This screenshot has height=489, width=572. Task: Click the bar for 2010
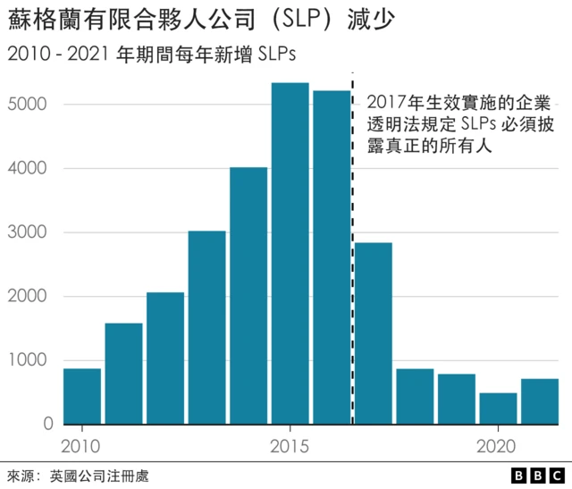click(81, 396)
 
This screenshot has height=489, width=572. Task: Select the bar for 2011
click(123, 374)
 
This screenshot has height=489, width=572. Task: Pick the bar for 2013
click(206, 327)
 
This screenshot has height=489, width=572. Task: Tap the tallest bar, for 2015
click(290, 254)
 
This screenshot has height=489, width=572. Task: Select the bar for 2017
click(374, 333)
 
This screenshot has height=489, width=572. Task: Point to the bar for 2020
click(498, 409)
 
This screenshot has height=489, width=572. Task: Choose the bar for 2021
click(540, 401)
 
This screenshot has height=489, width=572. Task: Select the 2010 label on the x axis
click(81, 444)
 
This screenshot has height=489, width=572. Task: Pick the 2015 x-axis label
click(290, 444)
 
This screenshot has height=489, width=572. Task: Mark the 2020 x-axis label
click(498, 444)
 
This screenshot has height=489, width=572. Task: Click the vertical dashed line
click(353, 268)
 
